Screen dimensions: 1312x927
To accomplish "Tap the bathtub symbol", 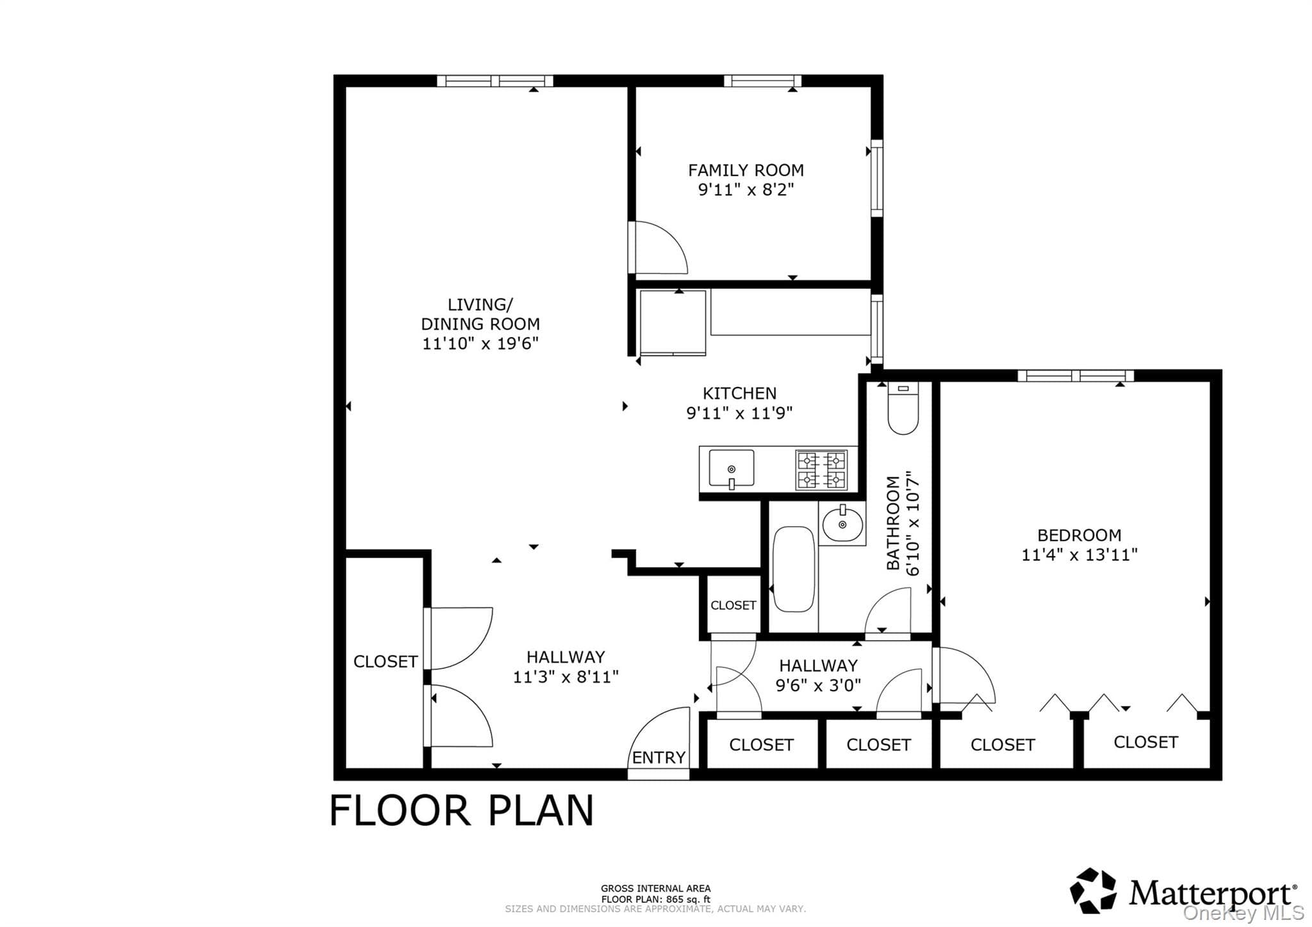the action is (x=794, y=570).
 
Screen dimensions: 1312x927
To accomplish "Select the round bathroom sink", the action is (x=842, y=525).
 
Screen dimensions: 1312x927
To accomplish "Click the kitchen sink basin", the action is (x=731, y=469).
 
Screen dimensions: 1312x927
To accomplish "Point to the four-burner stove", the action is (x=822, y=470).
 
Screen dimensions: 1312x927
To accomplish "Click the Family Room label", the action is (x=746, y=170).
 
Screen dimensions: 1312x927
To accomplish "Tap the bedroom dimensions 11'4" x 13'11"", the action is (x=1079, y=555).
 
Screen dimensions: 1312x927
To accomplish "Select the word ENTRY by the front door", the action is (x=659, y=758).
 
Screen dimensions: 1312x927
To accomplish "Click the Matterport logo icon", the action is (x=1093, y=890).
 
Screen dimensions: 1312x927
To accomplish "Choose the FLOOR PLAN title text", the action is (x=461, y=810).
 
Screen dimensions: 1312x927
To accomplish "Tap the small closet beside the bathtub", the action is (x=733, y=605).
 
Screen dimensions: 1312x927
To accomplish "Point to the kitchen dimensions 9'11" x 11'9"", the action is (x=739, y=413).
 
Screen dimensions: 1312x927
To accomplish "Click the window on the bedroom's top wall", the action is (x=1076, y=376).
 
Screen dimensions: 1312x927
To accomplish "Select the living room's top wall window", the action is (x=495, y=81).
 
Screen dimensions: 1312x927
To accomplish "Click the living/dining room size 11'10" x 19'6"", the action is (x=480, y=344).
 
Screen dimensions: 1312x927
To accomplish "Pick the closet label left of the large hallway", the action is (x=386, y=662).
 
